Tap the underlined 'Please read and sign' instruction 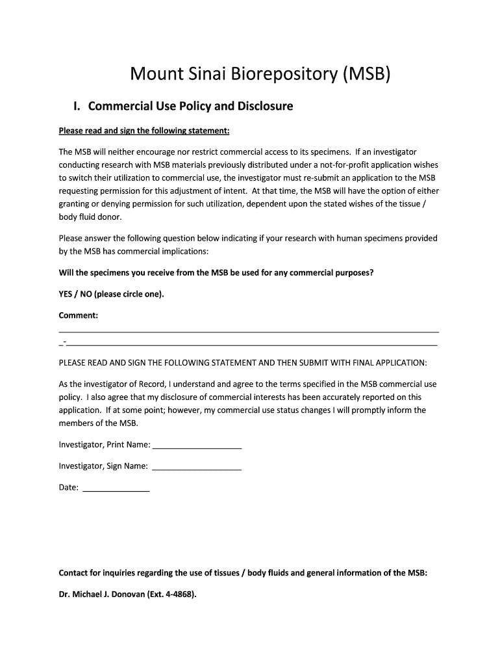(144, 131)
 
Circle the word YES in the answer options (66, 294)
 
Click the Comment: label (79, 315)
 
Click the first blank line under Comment (249, 332)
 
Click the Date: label (69, 486)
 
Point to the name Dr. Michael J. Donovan (104, 594)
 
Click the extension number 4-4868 (177, 594)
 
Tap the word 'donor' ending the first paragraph (108, 217)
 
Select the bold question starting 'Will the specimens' (216, 273)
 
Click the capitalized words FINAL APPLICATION (390, 362)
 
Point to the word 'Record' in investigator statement (152, 384)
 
